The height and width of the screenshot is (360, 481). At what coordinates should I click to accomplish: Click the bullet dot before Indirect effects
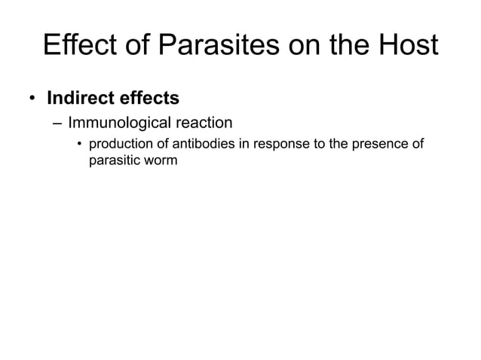pyautogui.click(x=33, y=99)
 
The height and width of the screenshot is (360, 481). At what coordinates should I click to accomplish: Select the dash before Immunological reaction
pyautogui.click(x=57, y=123)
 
